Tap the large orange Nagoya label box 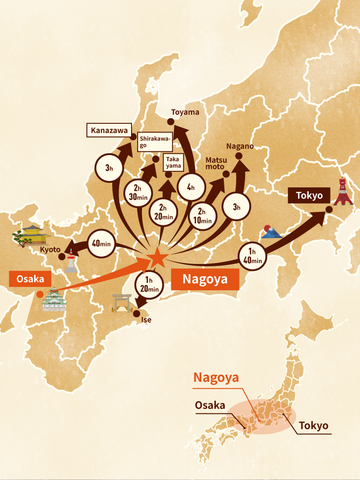[x=205, y=279]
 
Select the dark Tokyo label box [x=309, y=195]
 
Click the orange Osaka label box [x=30, y=279]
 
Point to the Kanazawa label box [x=109, y=131]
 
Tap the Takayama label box [x=173, y=162]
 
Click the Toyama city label [x=185, y=112]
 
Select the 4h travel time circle [x=191, y=187]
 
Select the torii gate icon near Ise [x=122, y=303]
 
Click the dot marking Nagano [x=240, y=156]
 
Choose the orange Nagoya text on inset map [x=216, y=377]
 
